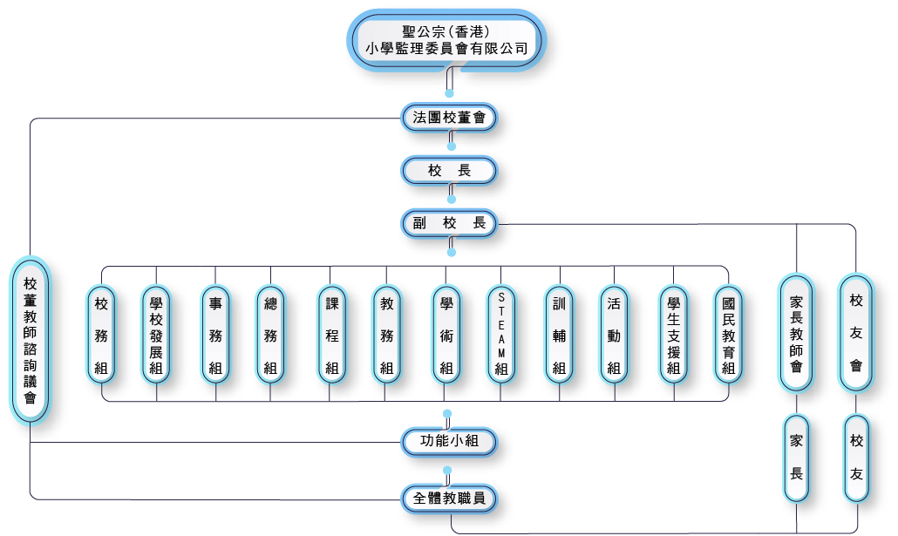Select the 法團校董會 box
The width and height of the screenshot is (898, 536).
click(x=449, y=117)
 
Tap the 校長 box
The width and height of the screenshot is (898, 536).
click(x=449, y=171)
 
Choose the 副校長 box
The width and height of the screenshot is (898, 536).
click(x=449, y=223)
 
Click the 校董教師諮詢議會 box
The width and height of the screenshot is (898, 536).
click(x=31, y=341)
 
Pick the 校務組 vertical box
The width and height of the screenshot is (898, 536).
click(x=102, y=335)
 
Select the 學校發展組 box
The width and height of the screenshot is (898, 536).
click(x=156, y=335)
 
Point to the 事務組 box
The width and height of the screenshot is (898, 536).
click(x=215, y=335)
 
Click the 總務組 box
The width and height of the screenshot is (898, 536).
click(x=270, y=335)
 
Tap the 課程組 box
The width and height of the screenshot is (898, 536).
click(x=331, y=335)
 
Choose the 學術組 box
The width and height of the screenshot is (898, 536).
click(x=446, y=335)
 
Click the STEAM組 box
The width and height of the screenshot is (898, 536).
click(x=501, y=335)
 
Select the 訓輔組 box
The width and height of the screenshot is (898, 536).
click(x=559, y=335)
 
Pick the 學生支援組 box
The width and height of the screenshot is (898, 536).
click(x=673, y=335)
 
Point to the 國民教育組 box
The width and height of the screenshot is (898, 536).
click(x=728, y=335)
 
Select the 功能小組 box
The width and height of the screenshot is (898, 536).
click(x=449, y=442)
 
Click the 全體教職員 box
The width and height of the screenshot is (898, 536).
click(x=449, y=499)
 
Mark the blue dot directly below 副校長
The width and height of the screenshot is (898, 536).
click(x=452, y=253)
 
